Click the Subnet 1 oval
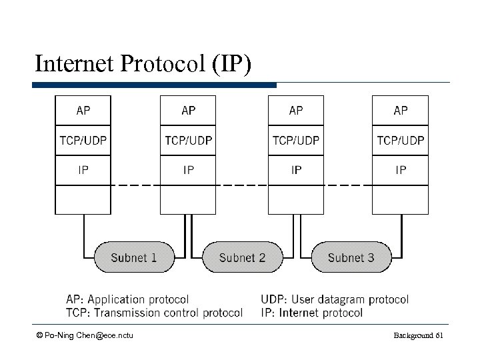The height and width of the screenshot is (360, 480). point(133,257)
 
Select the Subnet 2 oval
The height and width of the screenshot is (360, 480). point(242,257)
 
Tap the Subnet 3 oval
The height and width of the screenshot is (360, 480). point(351,257)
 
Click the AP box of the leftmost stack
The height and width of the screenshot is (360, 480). point(83,111)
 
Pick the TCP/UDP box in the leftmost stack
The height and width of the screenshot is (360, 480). point(83,141)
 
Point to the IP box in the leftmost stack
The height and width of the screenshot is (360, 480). point(83,170)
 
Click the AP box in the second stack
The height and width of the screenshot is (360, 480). point(189,111)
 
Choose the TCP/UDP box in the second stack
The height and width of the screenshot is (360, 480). point(189,141)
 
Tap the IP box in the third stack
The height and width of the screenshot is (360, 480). point(295,170)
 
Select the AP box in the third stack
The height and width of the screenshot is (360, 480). point(295,111)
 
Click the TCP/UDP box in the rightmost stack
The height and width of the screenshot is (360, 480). point(401,141)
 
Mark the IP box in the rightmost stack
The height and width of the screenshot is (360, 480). point(401,170)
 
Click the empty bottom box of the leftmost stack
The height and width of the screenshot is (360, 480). point(83,199)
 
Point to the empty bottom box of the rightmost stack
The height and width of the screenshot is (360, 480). point(401,199)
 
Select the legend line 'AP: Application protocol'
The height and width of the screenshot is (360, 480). point(127,300)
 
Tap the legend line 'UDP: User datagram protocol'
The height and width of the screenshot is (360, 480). point(335,300)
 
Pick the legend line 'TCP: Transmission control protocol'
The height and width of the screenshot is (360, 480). point(154,313)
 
